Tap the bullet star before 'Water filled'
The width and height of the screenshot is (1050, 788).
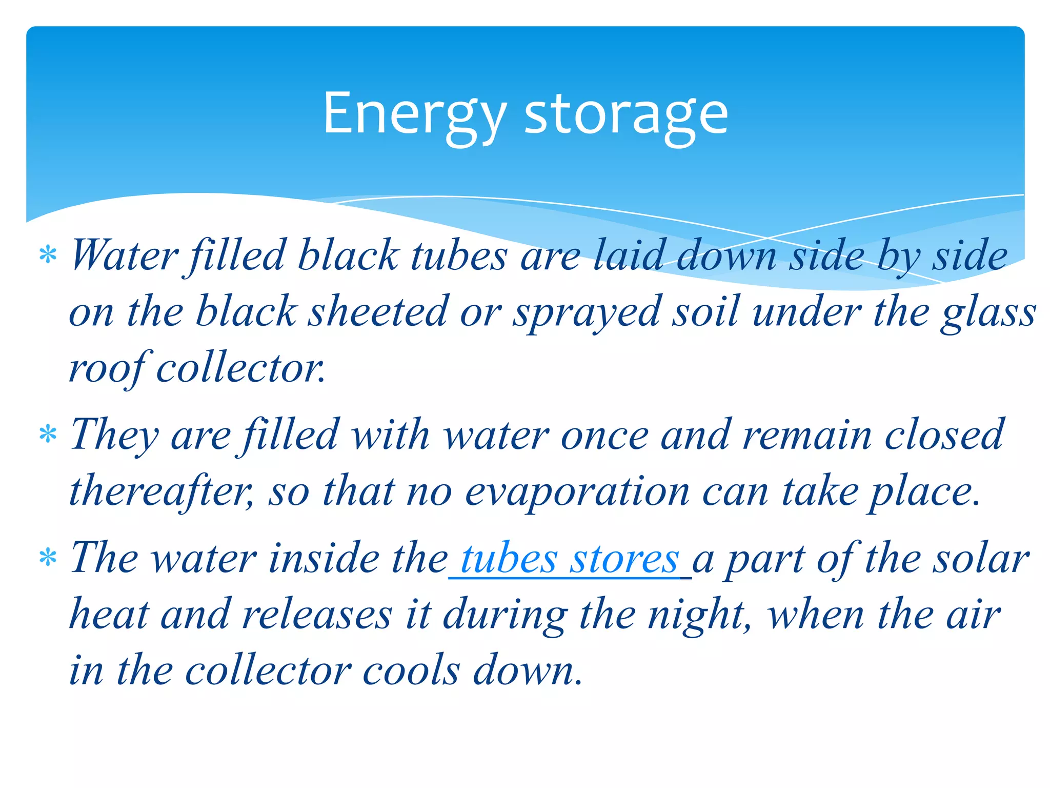[48, 255]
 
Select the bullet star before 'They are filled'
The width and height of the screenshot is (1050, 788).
[48, 435]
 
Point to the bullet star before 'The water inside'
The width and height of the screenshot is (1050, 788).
[48, 558]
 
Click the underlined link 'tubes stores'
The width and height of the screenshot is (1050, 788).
[570, 559]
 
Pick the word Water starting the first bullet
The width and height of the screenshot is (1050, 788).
[125, 255]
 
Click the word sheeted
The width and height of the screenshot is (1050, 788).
[378, 311]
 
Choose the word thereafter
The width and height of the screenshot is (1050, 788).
[160, 491]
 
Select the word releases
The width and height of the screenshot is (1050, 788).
[317, 614]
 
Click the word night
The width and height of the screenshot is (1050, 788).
[698, 614]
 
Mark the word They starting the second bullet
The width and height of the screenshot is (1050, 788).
[114, 435]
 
